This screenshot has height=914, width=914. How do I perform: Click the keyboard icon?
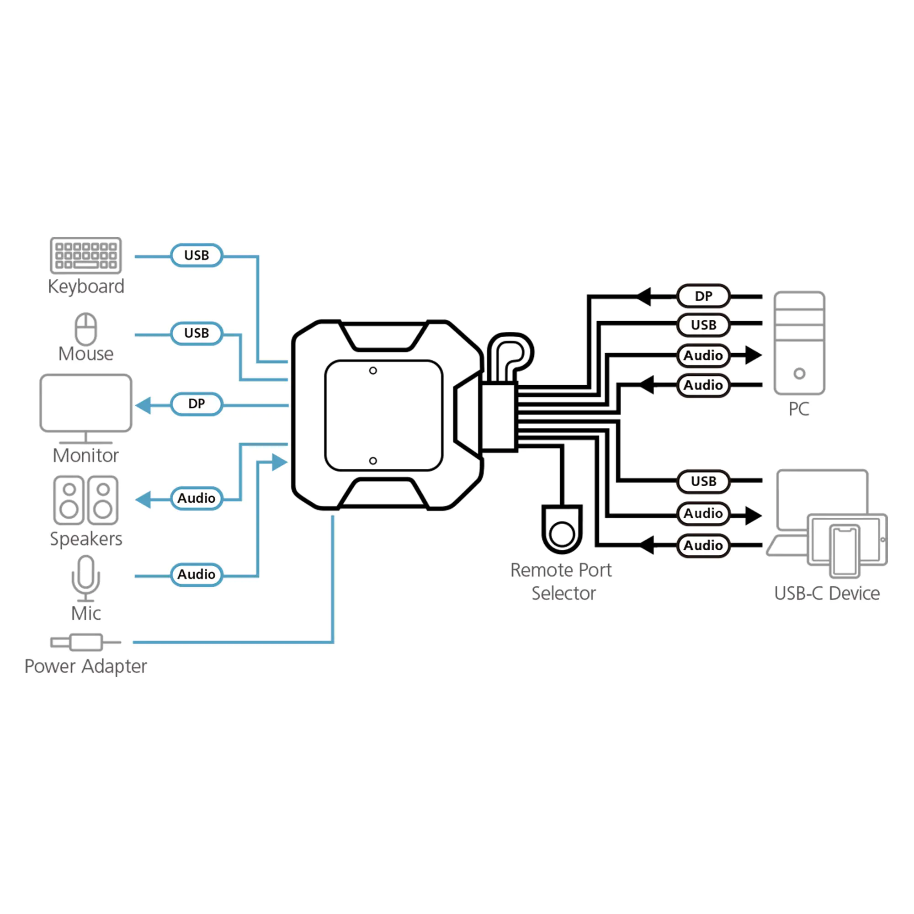(x=85, y=255)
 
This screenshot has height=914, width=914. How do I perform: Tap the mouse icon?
(x=85, y=329)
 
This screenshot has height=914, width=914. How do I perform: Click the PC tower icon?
(x=799, y=343)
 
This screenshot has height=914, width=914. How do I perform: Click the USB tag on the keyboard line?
(x=197, y=255)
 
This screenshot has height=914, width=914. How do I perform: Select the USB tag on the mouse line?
(x=197, y=333)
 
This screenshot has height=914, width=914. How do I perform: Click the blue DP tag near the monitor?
(x=197, y=404)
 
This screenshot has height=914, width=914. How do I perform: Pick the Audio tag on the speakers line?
(x=197, y=498)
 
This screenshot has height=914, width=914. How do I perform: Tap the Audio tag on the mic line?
(x=197, y=574)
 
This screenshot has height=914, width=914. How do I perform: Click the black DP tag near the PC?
(x=703, y=296)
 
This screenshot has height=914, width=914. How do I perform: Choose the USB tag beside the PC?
(x=703, y=325)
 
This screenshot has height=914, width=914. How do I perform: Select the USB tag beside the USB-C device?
(x=703, y=481)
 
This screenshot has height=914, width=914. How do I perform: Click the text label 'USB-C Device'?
(x=826, y=593)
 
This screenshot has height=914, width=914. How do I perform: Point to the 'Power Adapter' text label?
(x=85, y=666)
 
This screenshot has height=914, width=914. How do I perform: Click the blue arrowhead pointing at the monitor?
(x=143, y=405)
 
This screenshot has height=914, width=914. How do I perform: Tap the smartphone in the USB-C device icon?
(x=845, y=551)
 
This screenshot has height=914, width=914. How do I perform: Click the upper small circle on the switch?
(x=373, y=371)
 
